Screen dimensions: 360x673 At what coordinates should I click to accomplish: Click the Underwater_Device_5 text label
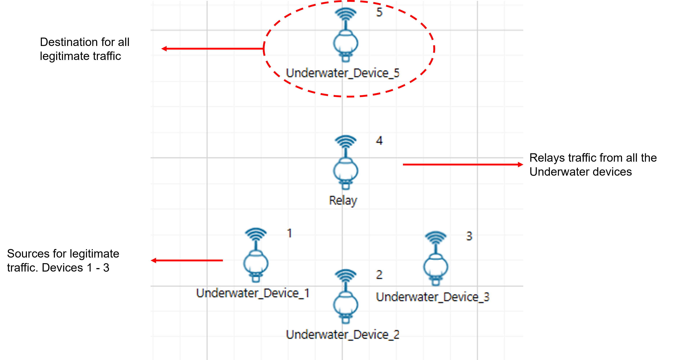point(342,73)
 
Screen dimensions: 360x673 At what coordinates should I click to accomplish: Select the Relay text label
point(343,201)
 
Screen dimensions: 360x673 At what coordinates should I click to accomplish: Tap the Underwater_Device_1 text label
point(253,293)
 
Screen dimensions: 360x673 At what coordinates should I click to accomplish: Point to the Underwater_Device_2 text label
point(342,335)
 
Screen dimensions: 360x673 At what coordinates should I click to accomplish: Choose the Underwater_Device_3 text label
point(432,297)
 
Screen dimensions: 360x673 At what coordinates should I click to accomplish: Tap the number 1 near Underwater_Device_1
point(289,233)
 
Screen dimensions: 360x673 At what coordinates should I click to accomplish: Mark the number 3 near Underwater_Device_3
point(469,236)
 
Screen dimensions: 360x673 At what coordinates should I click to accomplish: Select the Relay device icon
point(346,171)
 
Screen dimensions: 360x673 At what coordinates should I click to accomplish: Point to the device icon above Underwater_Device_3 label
point(436,267)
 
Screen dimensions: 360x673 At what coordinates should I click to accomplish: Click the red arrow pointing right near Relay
point(463,165)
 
